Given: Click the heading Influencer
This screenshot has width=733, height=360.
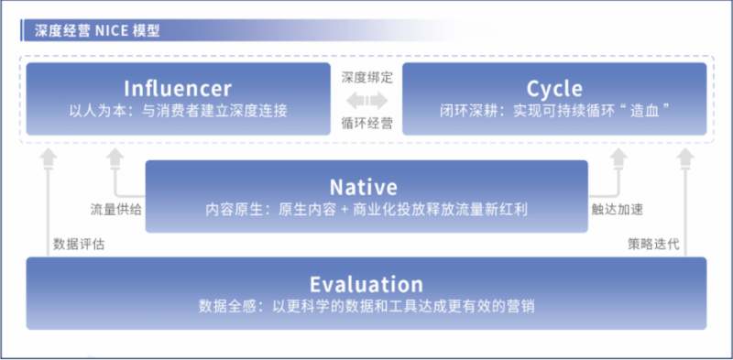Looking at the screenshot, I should pyautogui.click(x=178, y=88).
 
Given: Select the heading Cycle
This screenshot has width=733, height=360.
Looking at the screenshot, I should pyautogui.click(x=553, y=88).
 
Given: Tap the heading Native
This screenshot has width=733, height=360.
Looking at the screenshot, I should pyautogui.click(x=366, y=188).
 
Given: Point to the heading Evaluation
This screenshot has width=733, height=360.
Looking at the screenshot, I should pyautogui.click(x=366, y=284).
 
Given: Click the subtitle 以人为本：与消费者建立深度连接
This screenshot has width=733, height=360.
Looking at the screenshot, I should pyautogui.click(x=178, y=112).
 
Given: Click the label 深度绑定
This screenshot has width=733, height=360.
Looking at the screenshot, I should pyautogui.click(x=366, y=77).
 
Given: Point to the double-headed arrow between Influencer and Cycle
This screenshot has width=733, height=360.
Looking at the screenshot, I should pyautogui.click(x=366, y=99).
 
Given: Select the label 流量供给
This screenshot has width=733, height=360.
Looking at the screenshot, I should pyautogui.click(x=116, y=209).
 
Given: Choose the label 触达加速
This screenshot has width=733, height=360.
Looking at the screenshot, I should pyautogui.click(x=617, y=209).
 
